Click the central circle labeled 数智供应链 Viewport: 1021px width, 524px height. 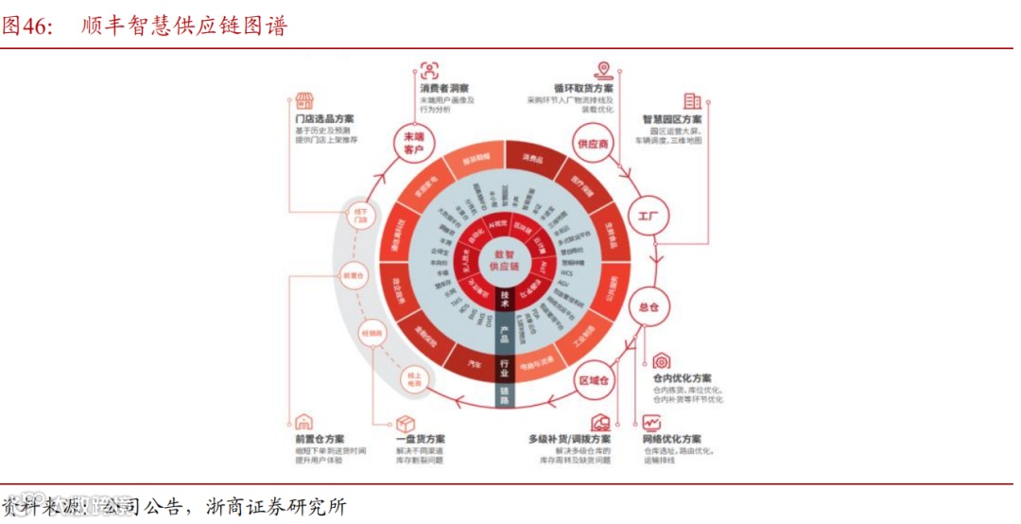pyautogui.click(x=504, y=260)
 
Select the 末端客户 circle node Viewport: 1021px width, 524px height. pyautogui.click(x=413, y=143)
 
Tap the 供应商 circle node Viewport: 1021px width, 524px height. pyautogui.click(x=593, y=143)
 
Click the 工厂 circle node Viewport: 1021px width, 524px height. pyautogui.click(x=648, y=217)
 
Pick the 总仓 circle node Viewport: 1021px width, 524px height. pyautogui.click(x=648, y=306)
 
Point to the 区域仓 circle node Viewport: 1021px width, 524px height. pyautogui.click(x=594, y=379)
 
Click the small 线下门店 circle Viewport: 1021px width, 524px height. pyautogui.click(x=360, y=214)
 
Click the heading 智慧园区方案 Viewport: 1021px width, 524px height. pyautogui.click(x=671, y=120)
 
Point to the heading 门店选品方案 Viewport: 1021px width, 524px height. pyautogui.click(x=324, y=120)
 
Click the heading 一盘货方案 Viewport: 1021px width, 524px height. pyautogui.click(x=421, y=440)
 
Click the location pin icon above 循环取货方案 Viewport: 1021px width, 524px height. pyautogui.click(x=601, y=69)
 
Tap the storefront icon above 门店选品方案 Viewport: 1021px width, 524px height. pyautogui.click(x=303, y=100)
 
